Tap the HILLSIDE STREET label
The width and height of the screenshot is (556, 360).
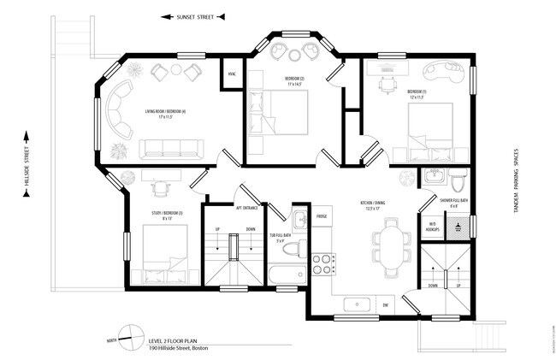(27, 163)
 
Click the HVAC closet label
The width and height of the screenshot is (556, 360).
(231, 74)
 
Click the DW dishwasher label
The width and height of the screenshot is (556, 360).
(386, 304)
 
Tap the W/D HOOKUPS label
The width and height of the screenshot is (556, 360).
(433, 227)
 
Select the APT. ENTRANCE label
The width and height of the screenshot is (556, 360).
(248, 207)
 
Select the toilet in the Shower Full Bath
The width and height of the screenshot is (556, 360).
(459, 182)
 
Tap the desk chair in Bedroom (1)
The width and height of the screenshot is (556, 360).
(389, 85)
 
